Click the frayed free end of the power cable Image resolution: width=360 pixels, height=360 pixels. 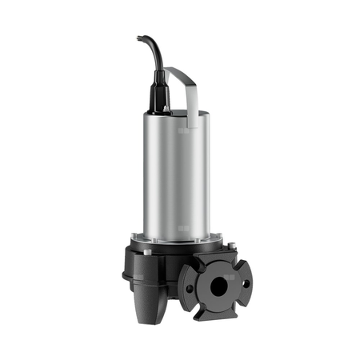coord(139,37)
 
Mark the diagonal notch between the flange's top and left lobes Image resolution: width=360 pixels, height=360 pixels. coord(195,264)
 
